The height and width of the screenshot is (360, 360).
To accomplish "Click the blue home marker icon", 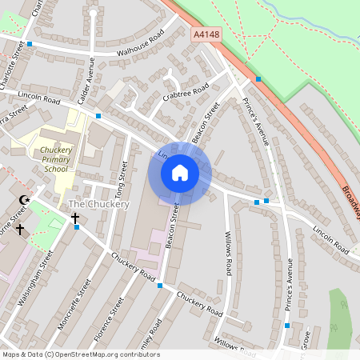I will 180,173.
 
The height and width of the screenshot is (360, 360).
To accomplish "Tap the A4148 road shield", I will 206,35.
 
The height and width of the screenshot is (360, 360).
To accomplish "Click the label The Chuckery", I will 99,204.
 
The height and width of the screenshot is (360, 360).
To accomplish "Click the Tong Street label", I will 122,179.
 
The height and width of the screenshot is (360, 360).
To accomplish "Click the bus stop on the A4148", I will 258,78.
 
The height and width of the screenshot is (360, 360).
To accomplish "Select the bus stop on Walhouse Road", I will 30,44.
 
